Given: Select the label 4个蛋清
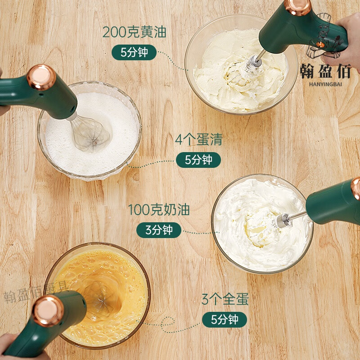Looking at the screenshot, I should coord(198,139).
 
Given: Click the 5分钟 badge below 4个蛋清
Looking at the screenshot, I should coord(198,160).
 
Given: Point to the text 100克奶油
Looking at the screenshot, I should coord(159,210).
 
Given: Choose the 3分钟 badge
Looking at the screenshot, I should coord(159,230).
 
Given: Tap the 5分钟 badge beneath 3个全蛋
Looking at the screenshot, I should coord(225,319).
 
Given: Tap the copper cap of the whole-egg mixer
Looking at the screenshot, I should coord(48,311).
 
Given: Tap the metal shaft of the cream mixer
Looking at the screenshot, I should coord(295,217).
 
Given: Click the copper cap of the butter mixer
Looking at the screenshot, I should coord(298,5).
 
